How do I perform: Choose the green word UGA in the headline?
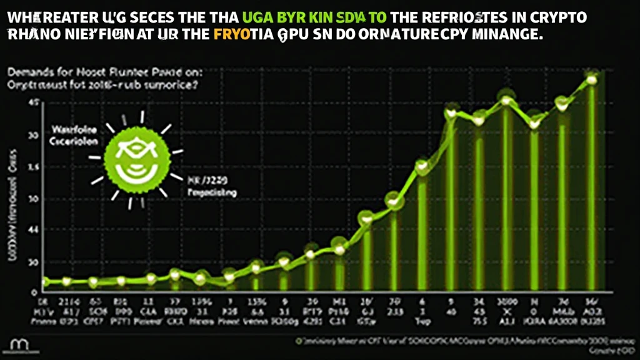[249, 17]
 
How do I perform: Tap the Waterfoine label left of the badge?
[74, 132]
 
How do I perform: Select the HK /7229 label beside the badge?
[208, 181]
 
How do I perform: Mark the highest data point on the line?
[591, 79]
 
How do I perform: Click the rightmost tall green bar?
[591, 187]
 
